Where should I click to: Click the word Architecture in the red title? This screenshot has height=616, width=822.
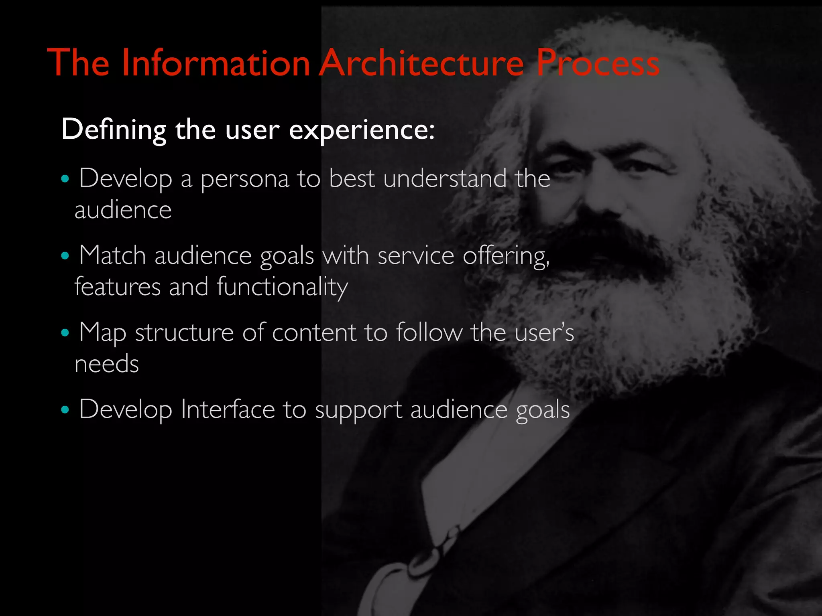pos(421,63)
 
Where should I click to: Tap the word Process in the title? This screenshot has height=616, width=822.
pos(598,63)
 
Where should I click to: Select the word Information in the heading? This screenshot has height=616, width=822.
pos(216,63)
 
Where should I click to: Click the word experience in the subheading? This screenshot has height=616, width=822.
pos(361,130)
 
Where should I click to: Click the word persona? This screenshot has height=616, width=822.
pos(244,179)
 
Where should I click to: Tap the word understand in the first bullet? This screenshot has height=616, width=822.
pos(445,178)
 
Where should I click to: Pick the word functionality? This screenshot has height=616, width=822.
pos(282,288)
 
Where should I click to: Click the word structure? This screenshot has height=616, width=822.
pos(184,332)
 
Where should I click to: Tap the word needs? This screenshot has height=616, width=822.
pos(107,364)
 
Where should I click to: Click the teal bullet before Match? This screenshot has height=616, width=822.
pos(65,255)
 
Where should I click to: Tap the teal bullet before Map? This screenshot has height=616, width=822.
pos(65,332)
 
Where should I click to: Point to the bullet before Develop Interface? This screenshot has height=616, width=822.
pos(65,410)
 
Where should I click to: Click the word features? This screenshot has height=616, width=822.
pos(118,287)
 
